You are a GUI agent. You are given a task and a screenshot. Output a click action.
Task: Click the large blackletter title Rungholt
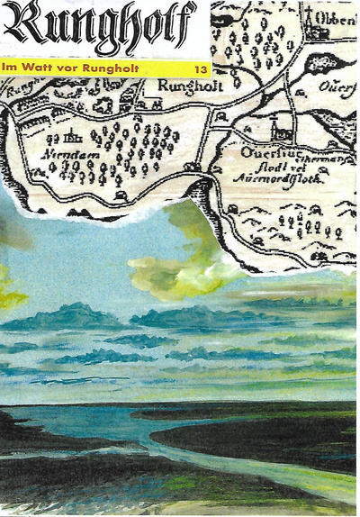tap(99, 27)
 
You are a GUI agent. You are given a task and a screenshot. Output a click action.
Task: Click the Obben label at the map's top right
tap(337, 19)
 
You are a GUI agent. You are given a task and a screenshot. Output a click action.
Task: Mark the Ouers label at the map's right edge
tap(337, 88)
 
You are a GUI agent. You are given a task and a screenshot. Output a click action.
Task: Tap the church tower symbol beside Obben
tap(311, 20)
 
